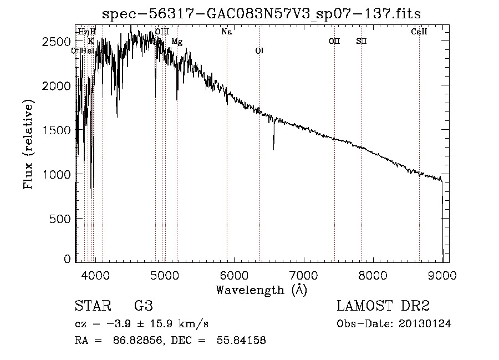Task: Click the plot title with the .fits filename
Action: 262,14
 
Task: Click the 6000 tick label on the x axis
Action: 233,275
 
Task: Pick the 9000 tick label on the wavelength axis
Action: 442,275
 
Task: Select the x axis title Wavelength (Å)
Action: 261,290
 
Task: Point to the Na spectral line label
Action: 227,32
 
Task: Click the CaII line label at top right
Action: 419,32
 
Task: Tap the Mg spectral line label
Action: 176,42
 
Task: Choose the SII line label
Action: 361,41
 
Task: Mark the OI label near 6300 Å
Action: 259,51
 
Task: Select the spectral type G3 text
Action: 144,306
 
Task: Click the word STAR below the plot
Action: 91,306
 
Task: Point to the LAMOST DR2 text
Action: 383,306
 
